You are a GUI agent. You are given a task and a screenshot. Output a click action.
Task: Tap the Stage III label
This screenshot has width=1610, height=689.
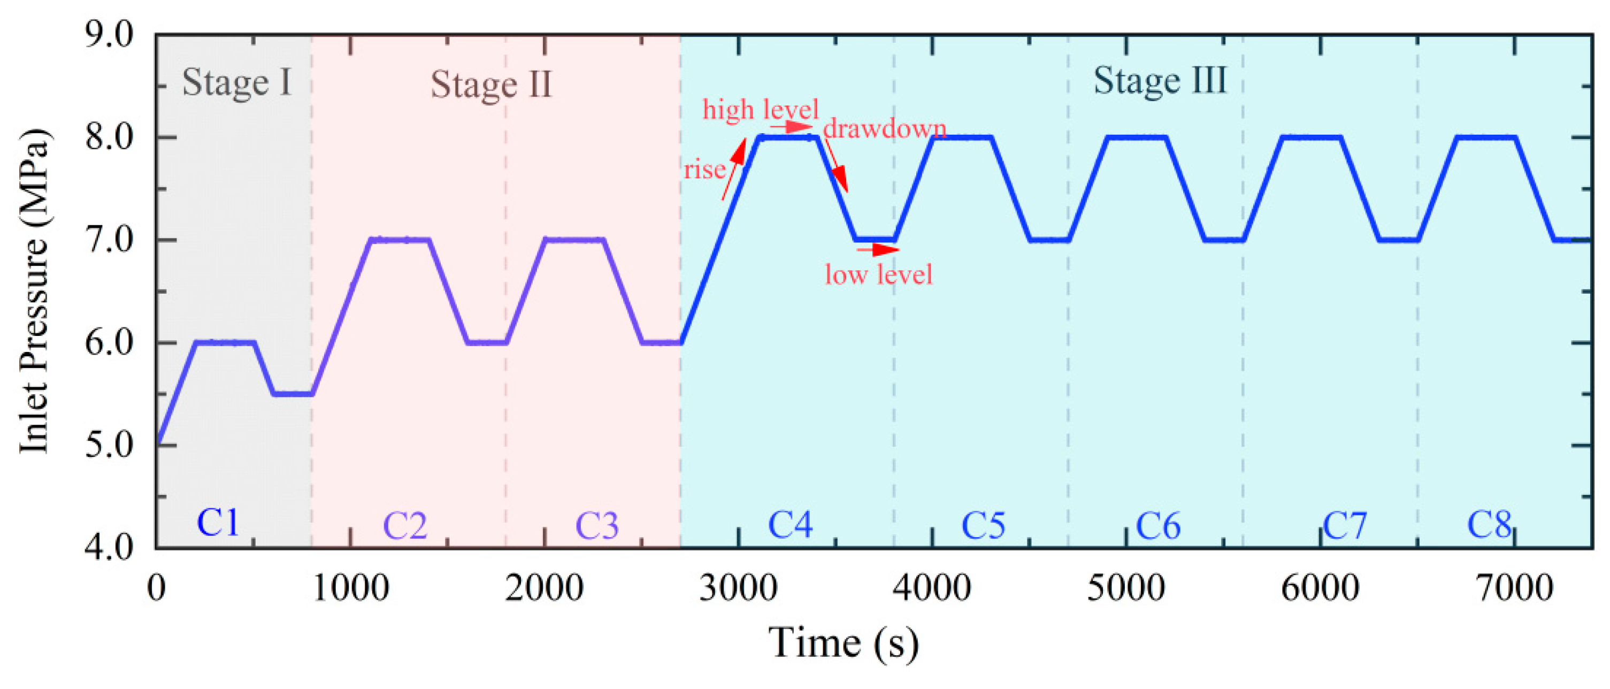(x=1160, y=81)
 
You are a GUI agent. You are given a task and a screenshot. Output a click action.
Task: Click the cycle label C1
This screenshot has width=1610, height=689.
(x=218, y=523)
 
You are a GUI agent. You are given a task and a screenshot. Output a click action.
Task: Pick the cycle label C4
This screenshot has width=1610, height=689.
(x=790, y=525)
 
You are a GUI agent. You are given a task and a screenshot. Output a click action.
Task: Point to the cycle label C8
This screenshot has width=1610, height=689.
(x=1489, y=525)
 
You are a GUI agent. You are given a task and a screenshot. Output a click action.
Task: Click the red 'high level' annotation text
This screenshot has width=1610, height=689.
(x=760, y=110)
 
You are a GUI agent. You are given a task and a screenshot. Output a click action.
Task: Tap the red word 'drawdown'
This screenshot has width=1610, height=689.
(x=884, y=129)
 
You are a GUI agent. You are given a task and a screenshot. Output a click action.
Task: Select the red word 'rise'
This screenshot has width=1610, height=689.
(x=704, y=170)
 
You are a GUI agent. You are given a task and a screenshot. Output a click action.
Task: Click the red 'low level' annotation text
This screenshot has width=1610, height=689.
(x=878, y=275)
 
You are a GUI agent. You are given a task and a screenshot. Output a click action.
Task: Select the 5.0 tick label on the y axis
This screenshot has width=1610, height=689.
(x=109, y=446)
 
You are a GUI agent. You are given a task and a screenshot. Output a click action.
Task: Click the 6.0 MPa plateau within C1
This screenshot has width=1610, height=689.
(x=226, y=342)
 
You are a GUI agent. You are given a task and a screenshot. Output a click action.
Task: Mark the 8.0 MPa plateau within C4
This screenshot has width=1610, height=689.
(x=787, y=137)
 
